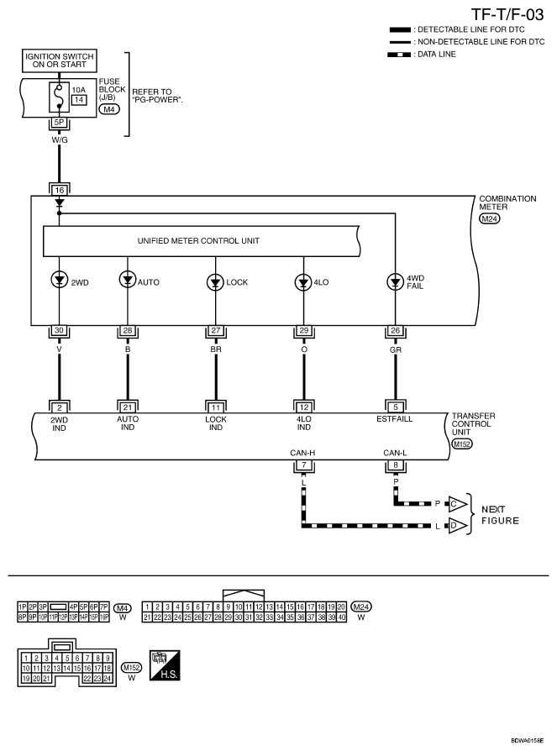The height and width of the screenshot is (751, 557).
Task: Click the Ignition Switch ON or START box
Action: pyautogui.click(x=60, y=60)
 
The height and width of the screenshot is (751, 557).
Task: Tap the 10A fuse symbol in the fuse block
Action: pyautogui.click(x=59, y=97)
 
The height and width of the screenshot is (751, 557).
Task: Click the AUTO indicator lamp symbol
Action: pyautogui.click(x=128, y=279)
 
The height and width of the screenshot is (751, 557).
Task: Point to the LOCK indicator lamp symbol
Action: pyautogui.click(x=216, y=282)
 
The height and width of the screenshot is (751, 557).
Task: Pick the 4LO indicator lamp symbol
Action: pyautogui.click(x=303, y=282)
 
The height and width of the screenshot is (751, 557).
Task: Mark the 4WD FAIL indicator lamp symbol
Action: pyautogui.click(x=395, y=282)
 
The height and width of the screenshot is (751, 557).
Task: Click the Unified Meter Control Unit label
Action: pyautogui.click(x=198, y=241)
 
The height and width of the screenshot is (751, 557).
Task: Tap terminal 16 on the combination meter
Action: pyautogui.click(x=60, y=190)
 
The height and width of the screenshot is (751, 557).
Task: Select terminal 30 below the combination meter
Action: pyautogui.click(x=60, y=330)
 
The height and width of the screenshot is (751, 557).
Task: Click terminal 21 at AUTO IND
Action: pyautogui.click(x=128, y=407)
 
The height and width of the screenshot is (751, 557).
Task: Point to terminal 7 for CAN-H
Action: pyautogui.click(x=303, y=465)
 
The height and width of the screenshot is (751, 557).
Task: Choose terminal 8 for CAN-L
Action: pyautogui.click(x=396, y=465)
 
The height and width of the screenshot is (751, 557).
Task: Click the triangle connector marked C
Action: pyautogui.click(x=457, y=504)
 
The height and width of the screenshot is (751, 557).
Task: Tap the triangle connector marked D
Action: pyautogui.click(x=457, y=526)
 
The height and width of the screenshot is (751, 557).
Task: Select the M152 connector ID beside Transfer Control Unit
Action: pyautogui.click(x=462, y=444)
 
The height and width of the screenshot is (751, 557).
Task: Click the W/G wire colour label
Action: pyautogui.click(x=60, y=139)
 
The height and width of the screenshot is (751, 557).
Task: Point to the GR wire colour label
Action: pyautogui.click(x=396, y=349)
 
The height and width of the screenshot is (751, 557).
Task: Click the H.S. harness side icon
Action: pyautogui.click(x=165, y=664)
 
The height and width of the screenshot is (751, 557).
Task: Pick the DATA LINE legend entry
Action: pyautogui.click(x=422, y=55)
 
